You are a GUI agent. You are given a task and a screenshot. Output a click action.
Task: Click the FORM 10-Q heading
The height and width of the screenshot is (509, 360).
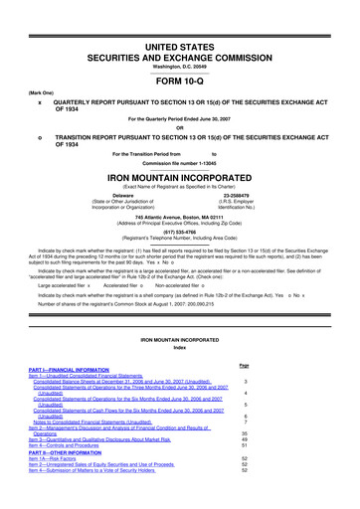coord(180,56)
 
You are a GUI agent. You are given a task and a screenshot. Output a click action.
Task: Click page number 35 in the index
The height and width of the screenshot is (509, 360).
coord(314,433)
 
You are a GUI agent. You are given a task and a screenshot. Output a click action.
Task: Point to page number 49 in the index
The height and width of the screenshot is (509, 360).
coord(314,439)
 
